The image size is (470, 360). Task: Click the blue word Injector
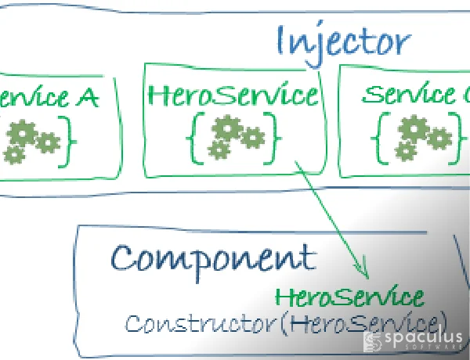(342, 42)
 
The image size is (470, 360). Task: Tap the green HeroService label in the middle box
(233, 96)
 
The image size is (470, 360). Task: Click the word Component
(214, 257)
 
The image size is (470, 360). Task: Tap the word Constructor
(187, 322)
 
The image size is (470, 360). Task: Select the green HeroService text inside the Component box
(350, 297)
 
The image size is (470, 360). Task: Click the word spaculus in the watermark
(423, 338)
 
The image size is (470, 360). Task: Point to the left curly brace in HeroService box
(193, 136)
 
